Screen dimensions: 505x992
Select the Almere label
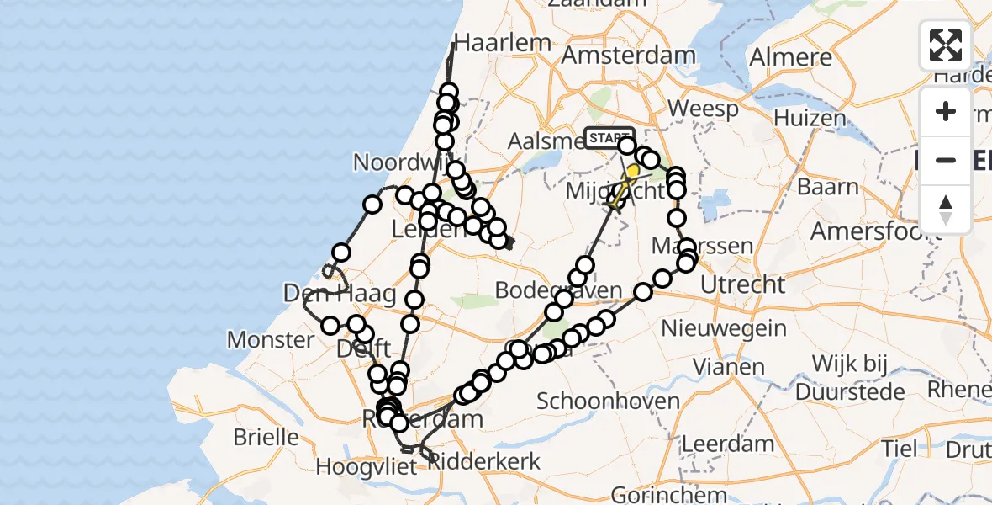pos(790,57)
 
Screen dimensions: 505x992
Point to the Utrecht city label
pos(742,284)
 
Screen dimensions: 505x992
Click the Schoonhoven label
pos(609,401)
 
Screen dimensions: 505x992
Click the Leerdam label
pos(728,444)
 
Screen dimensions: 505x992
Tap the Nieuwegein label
pos(725,328)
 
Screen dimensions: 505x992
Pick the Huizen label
pos(810,118)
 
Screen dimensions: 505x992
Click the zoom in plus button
pos(946,111)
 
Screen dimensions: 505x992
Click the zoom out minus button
pos(946,160)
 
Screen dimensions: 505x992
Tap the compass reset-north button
pos(946,210)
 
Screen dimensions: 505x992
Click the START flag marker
pos(609,138)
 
